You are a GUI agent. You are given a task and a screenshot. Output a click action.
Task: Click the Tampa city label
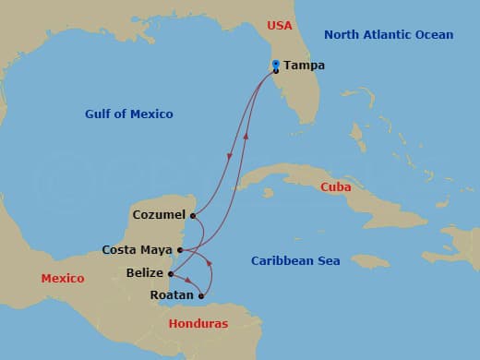[304, 66]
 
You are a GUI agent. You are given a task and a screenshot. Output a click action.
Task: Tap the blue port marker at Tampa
[276, 64]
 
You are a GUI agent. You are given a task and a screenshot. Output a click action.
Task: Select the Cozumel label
[159, 215]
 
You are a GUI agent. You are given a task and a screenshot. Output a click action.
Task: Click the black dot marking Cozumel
[192, 216]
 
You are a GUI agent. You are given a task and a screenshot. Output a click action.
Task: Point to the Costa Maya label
[137, 249]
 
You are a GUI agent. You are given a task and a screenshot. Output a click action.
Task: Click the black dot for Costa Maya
[180, 250]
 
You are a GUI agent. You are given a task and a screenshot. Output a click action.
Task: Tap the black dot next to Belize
[172, 273]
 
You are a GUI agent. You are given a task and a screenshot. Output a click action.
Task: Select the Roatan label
[172, 295]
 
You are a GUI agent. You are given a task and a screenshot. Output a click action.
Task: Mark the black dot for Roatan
[201, 296]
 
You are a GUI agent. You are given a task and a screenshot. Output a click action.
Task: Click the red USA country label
[279, 26]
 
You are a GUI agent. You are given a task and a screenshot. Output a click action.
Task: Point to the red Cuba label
[335, 187]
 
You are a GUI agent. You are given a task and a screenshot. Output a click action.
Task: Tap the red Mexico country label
[63, 278]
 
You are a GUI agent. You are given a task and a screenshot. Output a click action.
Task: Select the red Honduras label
[198, 324]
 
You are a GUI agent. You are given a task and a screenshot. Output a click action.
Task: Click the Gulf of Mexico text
[128, 114]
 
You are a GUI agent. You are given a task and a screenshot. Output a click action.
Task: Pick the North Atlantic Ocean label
[389, 35]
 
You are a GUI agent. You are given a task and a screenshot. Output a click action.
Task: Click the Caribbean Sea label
[295, 261]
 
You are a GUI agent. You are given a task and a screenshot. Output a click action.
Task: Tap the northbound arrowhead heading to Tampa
[246, 137]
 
